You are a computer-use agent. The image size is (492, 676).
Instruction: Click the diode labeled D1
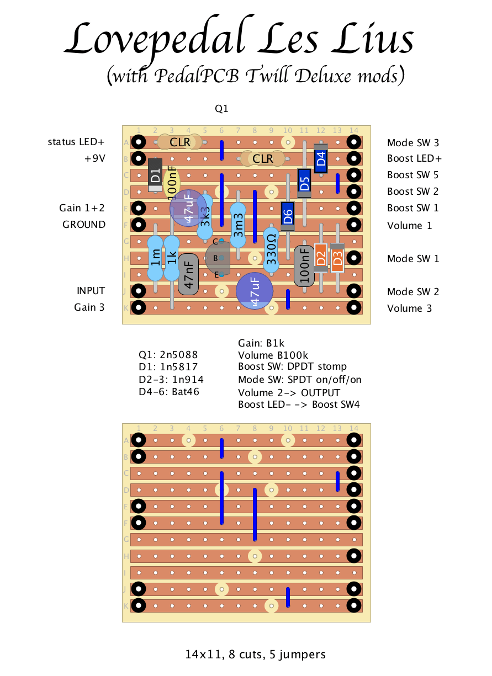(155, 175)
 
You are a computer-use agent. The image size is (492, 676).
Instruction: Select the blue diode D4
(321, 158)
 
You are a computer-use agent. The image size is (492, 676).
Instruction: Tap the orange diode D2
(321, 258)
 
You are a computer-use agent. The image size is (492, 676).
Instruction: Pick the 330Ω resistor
(271, 249)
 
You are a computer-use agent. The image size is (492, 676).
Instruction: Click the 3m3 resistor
(238, 225)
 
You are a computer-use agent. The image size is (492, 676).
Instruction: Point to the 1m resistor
(155, 258)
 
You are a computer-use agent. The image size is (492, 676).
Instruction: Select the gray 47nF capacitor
(188, 274)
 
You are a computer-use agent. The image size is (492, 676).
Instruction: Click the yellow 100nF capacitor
(172, 183)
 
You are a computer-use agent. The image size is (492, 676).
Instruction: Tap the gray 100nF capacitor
(304, 266)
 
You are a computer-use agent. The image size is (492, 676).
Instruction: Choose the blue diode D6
(288, 216)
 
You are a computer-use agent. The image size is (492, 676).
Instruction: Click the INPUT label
(91, 291)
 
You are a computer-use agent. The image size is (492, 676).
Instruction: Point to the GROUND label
(84, 225)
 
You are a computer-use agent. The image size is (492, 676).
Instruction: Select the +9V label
(95, 158)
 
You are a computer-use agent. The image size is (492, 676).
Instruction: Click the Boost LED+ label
(414, 158)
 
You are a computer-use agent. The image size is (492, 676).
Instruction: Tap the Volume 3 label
(409, 308)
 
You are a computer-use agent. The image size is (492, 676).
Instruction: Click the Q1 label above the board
(221, 109)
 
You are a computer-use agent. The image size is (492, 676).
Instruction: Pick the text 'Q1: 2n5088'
(168, 355)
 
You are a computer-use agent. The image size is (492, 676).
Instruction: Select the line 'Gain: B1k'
(261, 343)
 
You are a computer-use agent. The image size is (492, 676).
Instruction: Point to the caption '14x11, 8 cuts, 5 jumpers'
(255, 654)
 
